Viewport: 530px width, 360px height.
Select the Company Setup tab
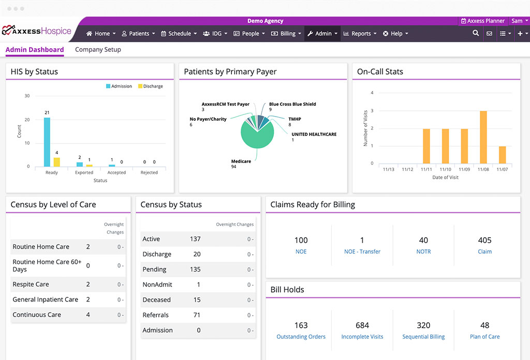98,50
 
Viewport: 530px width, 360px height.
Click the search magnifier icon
476,34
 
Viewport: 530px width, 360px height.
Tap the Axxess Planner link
482,21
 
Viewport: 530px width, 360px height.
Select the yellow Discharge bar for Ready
57,162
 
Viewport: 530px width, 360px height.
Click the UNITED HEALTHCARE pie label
314,134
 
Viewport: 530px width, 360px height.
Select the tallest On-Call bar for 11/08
483,137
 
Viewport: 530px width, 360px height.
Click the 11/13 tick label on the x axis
388,169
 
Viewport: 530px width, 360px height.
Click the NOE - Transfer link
362,252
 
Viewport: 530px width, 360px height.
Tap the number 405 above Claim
484,240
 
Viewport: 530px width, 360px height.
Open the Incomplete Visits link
362,337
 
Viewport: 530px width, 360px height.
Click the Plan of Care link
484,337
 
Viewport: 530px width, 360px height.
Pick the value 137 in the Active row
195,239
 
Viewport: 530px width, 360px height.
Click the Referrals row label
155,315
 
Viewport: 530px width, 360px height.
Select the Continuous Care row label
37,315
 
